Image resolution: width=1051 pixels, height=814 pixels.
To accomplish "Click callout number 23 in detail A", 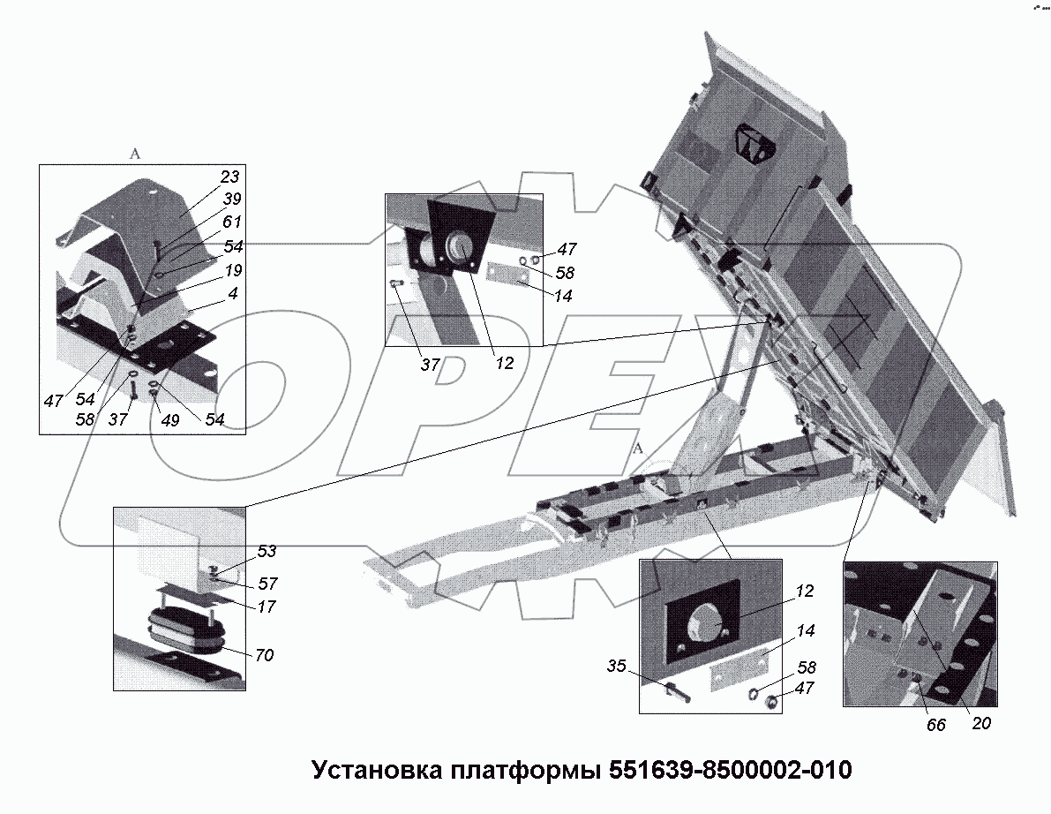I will click(229, 177).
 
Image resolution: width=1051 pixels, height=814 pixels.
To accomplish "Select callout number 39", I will click(230, 199).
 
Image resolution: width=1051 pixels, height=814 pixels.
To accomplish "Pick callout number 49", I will click(169, 421).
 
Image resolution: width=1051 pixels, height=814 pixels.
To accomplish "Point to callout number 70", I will click(264, 655).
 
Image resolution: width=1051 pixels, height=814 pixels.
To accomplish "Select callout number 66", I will click(935, 725).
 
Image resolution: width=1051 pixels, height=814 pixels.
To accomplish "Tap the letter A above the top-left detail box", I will click(135, 154).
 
